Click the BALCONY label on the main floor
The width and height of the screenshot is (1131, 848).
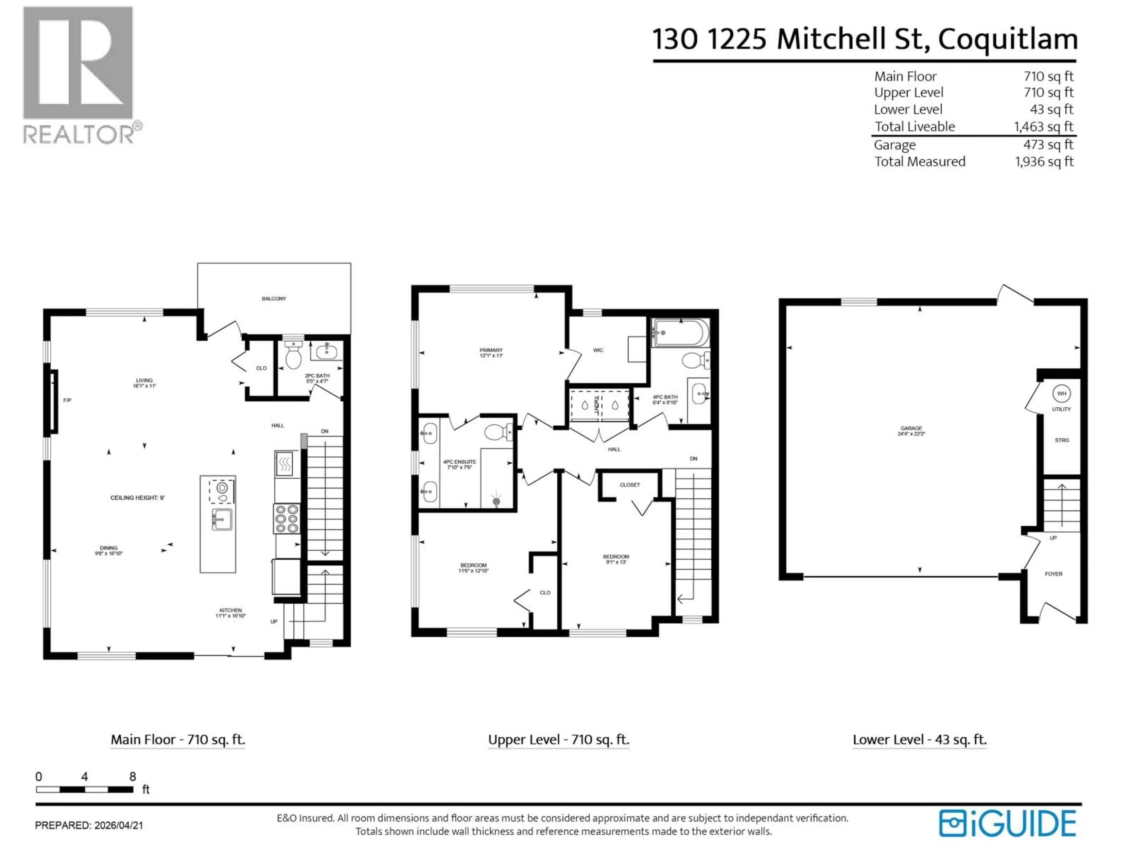(x=274, y=299)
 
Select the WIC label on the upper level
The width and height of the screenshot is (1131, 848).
(x=598, y=350)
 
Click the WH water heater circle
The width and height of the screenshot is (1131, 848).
(x=1061, y=394)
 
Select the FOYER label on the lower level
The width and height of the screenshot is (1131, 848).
(x=1053, y=574)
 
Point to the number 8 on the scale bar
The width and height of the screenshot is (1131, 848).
(x=133, y=776)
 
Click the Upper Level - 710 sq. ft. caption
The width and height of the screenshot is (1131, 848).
(x=558, y=740)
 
